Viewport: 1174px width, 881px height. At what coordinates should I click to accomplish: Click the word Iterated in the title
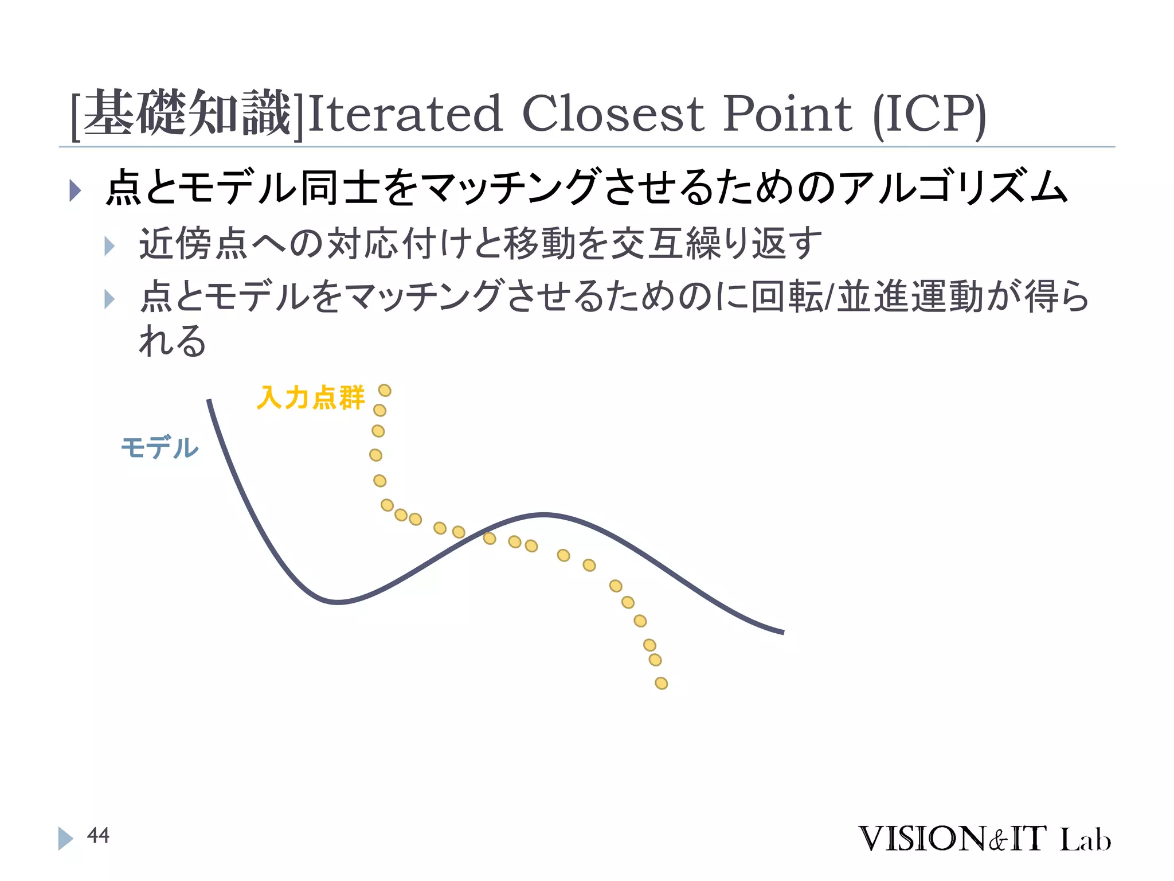click(405, 114)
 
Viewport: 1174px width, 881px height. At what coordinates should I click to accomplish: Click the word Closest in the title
click(612, 114)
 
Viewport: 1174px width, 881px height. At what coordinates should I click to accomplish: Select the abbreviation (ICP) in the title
click(929, 115)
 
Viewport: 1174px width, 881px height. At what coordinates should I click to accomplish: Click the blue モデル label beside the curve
click(159, 447)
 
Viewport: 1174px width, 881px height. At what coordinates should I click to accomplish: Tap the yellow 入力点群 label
click(310, 397)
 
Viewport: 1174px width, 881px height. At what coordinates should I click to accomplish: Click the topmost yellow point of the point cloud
click(385, 391)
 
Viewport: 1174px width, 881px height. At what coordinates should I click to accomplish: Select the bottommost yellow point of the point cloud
click(661, 683)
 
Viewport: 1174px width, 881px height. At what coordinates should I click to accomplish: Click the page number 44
click(98, 836)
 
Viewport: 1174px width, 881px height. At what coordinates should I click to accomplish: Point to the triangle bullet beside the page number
click(65, 838)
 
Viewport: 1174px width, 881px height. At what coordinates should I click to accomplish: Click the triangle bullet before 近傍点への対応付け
click(109, 247)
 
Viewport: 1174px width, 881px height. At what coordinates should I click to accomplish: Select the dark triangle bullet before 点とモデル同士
click(75, 190)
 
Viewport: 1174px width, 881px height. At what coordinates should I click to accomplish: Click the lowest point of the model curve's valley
click(338, 602)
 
